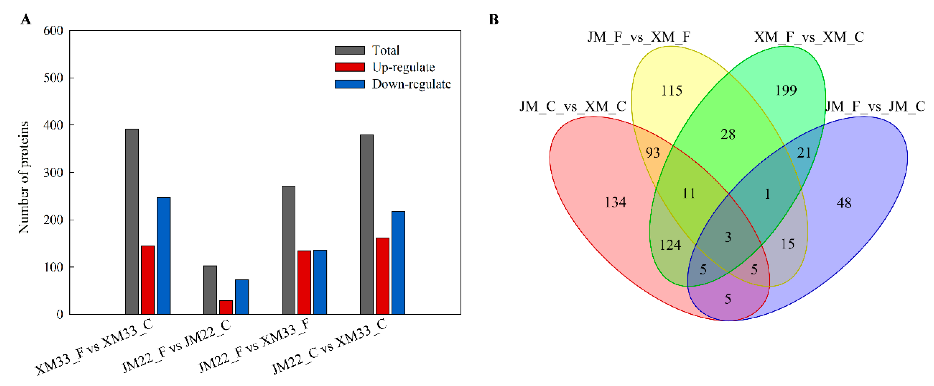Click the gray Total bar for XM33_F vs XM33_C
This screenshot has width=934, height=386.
[132, 221]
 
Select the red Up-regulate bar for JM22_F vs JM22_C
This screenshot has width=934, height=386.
[226, 307]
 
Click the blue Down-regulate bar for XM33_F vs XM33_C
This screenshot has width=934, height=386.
[164, 255]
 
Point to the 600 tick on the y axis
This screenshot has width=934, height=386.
[53, 31]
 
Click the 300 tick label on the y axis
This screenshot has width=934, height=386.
[53, 172]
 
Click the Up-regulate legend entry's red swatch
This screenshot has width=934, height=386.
[350, 67]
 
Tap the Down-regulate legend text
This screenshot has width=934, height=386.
[411, 84]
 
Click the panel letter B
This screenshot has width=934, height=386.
[494, 20]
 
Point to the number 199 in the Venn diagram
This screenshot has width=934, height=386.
[786, 90]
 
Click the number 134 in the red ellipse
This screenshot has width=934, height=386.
[615, 202]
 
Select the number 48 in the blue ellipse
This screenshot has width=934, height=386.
[844, 203]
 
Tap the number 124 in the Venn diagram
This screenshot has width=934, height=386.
[670, 245]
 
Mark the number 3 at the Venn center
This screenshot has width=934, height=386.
[728, 237]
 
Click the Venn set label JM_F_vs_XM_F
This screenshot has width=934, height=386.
[639, 37]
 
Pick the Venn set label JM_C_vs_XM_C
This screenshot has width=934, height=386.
[573, 107]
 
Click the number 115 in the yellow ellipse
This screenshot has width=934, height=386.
[671, 91]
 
